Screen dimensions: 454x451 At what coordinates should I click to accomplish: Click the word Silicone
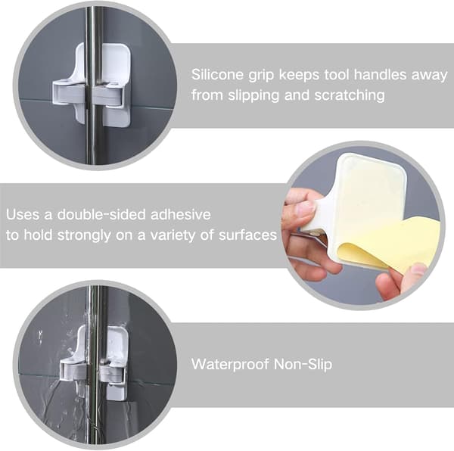pyautogui.click(x=217, y=75)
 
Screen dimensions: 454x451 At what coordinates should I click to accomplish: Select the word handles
pyautogui.click(x=380, y=75)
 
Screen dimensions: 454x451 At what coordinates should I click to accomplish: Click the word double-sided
pyautogui.click(x=101, y=214)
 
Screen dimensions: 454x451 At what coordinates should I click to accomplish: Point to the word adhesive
pyautogui.click(x=181, y=214)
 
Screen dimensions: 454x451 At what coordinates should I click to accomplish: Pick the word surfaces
pyautogui.click(x=248, y=235)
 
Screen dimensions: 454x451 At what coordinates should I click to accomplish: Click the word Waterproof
pyautogui.click(x=230, y=364)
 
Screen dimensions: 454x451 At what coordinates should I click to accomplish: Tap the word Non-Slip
pyautogui.click(x=303, y=364)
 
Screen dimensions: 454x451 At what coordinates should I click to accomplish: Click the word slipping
pyautogui.click(x=253, y=96)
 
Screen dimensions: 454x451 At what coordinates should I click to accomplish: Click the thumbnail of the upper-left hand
pyautogui.click(x=305, y=208)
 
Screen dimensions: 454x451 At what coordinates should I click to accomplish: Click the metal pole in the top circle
pyautogui.click(x=94, y=87)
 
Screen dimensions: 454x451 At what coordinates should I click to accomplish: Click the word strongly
pyautogui.click(x=84, y=235)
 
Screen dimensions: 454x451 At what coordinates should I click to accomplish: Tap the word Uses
pyautogui.click(x=23, y=214)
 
